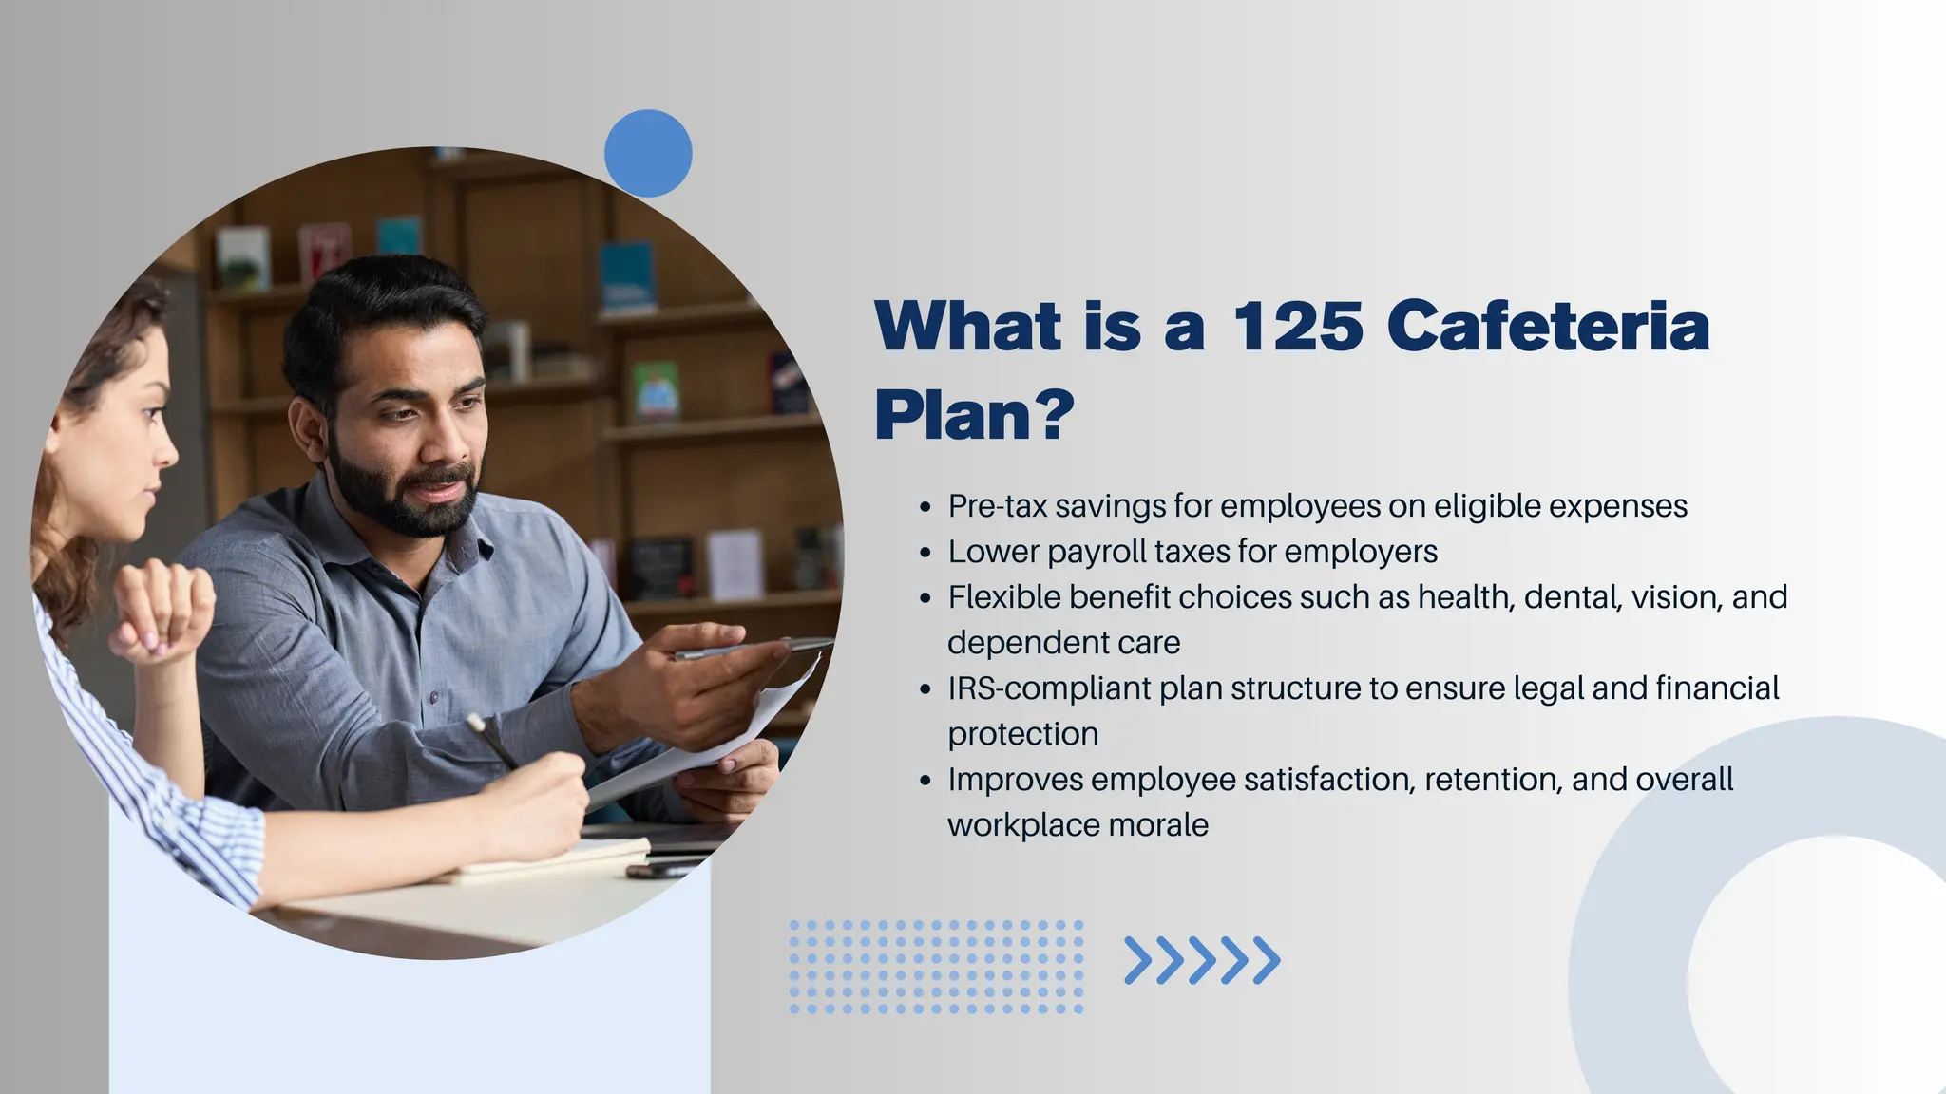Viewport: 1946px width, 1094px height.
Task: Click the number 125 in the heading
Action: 1297,326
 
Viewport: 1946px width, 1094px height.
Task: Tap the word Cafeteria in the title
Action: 1549,326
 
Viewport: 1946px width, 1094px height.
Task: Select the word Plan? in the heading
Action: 974,414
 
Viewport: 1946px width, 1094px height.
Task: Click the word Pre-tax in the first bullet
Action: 997,506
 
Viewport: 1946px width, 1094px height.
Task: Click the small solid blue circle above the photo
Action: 648,154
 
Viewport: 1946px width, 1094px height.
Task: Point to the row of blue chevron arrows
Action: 1202,960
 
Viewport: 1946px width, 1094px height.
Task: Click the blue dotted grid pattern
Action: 936,966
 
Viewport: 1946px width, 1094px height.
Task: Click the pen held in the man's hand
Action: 751,649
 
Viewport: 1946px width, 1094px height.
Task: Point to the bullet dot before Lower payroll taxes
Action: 925,553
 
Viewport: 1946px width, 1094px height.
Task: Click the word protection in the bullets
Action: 1022,733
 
